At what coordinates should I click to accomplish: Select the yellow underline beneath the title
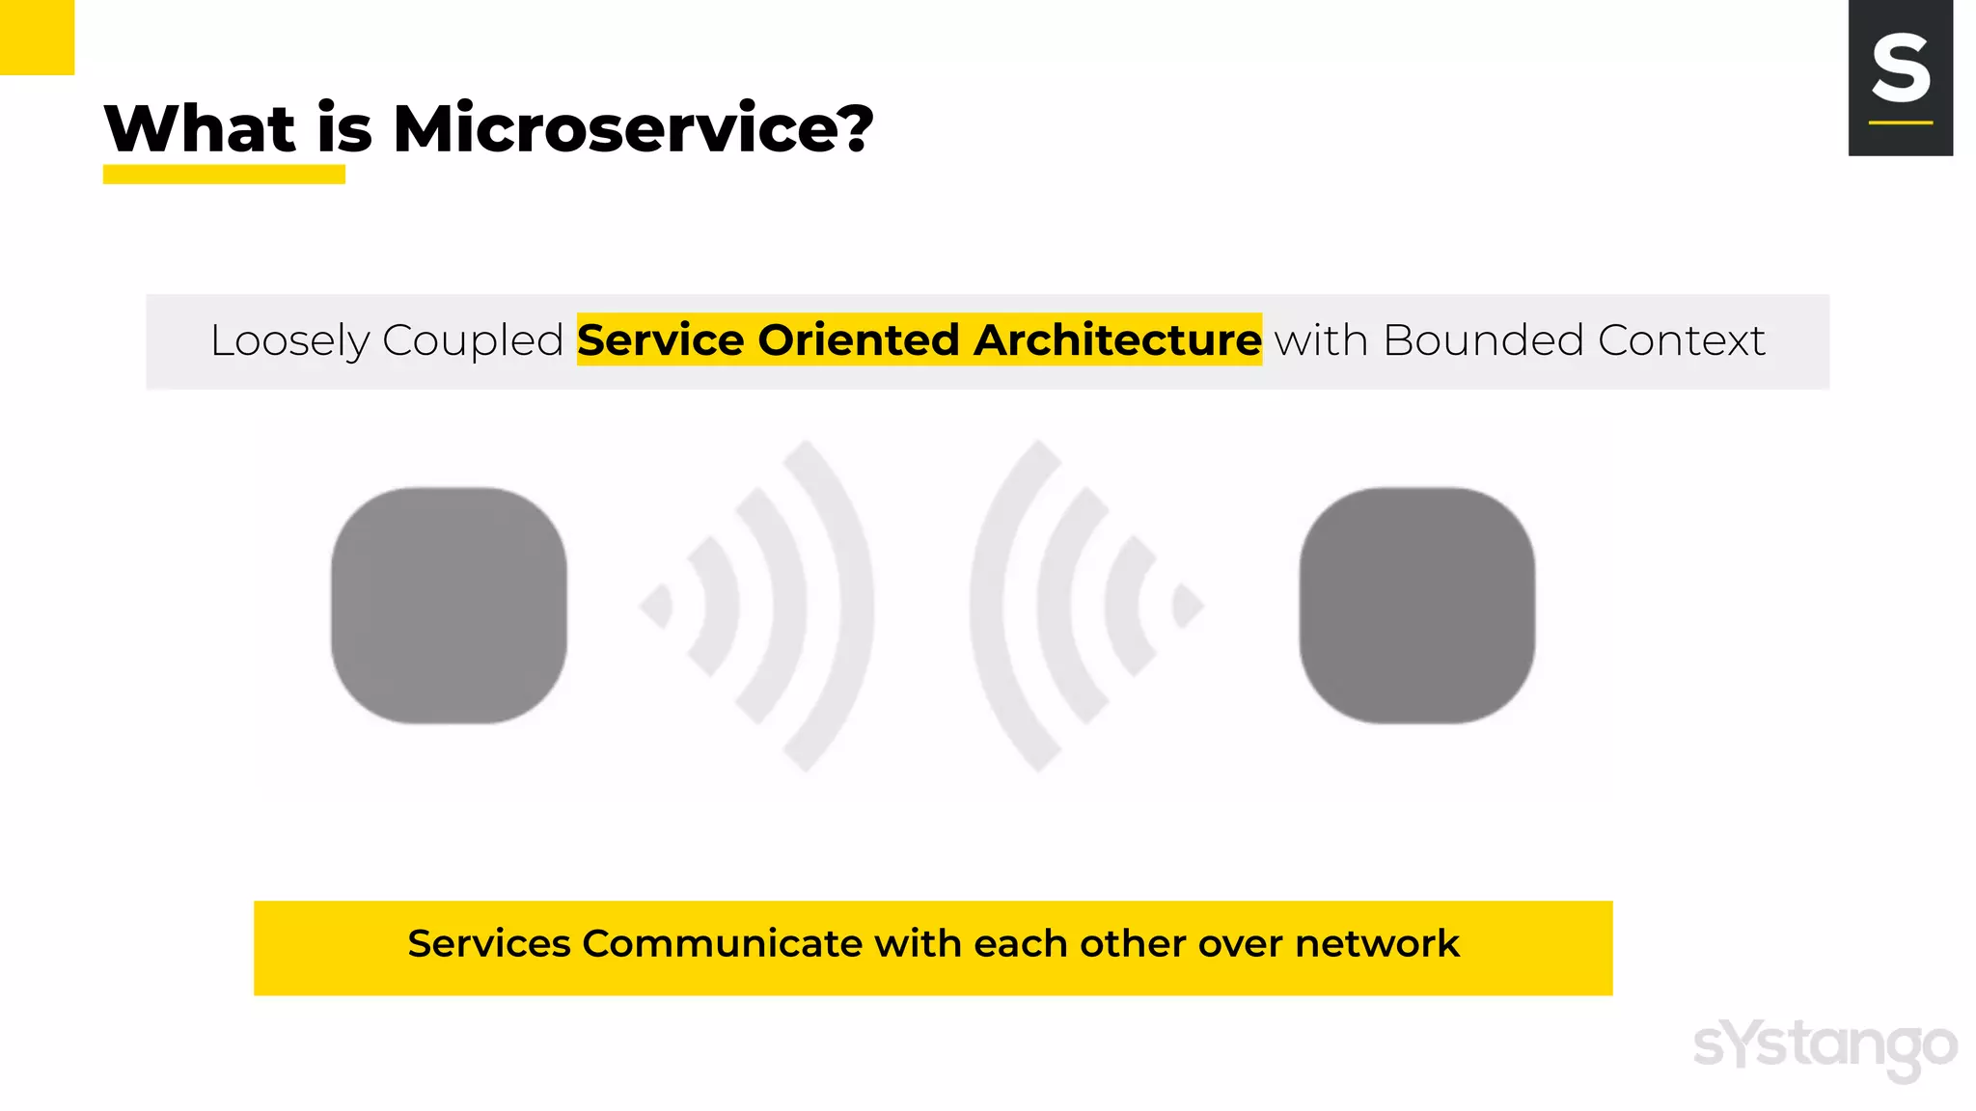pyautogui.click(x=224, y=175)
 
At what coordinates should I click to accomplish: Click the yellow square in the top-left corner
pyautogui.click(x=37, y=37)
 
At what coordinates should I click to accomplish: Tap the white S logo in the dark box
pyautogui.click(x=1900, y=68)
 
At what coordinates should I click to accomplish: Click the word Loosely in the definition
pyautogui.click(x=289, y=341)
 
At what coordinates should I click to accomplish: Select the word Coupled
pyautogui.click(x=473, y=340)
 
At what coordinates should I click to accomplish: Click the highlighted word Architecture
pyautogui.click(x=1117, y=340)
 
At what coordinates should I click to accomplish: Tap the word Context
pyautogui.click(x=1681, y=340)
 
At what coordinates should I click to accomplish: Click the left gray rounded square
pyautogui.click(x=449, y=605)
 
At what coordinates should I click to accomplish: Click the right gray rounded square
pyautogui.click(x=1416, y=605)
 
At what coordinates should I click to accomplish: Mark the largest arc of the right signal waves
pyautogui.click(x=988, y=605)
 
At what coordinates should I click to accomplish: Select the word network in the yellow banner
pyautogui.click(x=1377, y=943)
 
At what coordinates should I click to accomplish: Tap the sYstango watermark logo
pyautogui.click(x=1825, y=1047)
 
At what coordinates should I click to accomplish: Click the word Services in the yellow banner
pyautogui.click(x=488, y=943)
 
